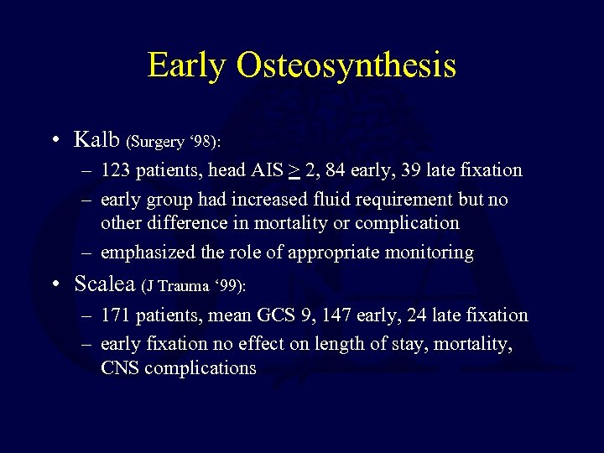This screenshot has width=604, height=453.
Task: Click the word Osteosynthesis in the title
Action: click(346, 65)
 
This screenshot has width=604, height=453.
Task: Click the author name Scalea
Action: click(105, 284)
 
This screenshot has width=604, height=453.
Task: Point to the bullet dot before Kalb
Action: click(55, 139)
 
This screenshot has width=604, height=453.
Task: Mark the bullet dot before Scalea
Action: click(55, 284)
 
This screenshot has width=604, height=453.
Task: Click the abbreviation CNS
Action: click(120, 367)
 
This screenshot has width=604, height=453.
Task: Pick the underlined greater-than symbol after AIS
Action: click(294, 171)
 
